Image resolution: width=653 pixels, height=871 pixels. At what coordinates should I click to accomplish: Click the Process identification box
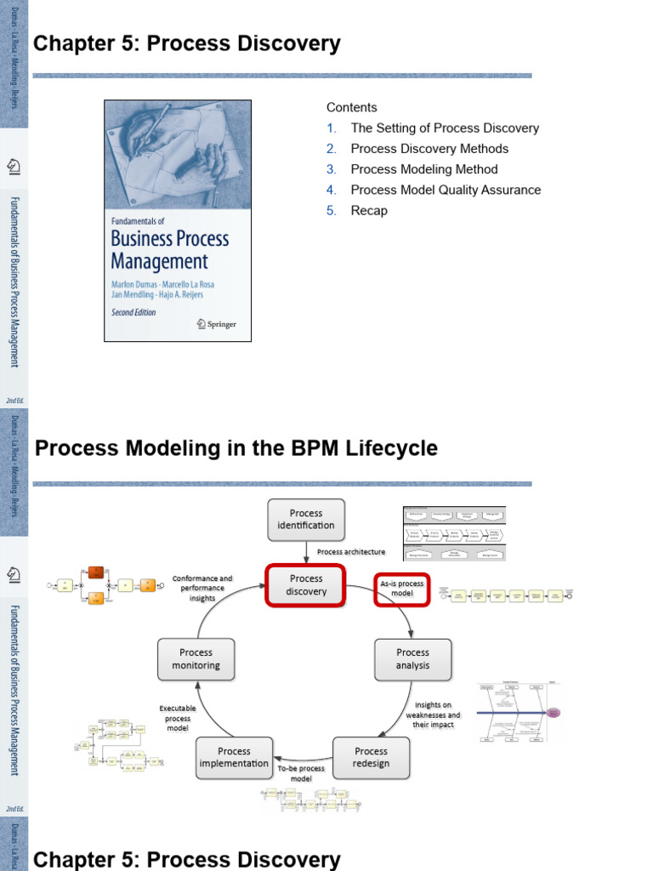pos(306,519)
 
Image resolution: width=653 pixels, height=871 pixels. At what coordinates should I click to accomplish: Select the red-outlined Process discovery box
pos(306,585)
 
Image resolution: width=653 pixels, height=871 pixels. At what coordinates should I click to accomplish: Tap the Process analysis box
pos(412,659)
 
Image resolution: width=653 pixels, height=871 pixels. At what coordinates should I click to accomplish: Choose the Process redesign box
pos(371,757)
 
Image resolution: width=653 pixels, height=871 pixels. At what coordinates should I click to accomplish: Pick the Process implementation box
pos(234,757)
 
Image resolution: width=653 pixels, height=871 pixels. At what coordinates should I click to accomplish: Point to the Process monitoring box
pos(196,659)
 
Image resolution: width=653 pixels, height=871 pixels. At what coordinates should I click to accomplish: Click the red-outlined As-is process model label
pos(401,589)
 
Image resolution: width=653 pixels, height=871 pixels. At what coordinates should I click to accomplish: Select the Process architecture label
pos(351,551)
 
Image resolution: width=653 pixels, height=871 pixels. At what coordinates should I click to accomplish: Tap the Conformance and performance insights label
pos(202,588)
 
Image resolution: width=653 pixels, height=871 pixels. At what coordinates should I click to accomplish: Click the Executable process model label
pos(178,718)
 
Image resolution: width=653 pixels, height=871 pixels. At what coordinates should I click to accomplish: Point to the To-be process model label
pos(301,773)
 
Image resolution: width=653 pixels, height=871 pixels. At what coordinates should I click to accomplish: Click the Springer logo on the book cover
pos(217,323)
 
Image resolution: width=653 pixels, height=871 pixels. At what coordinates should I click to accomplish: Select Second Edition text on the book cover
pos(133,312)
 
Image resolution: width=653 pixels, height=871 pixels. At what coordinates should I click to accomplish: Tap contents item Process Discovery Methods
pos(429,149)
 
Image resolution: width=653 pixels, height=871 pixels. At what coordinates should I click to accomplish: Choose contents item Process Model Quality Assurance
pos(446,190)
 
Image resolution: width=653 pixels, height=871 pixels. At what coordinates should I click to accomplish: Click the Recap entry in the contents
pos(369,211)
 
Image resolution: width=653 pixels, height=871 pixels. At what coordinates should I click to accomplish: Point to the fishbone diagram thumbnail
pos(520,712)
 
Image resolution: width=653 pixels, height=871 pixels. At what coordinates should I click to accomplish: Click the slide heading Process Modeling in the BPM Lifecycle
pos(236,448)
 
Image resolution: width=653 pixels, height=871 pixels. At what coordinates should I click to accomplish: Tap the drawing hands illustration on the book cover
pos(177,153)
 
